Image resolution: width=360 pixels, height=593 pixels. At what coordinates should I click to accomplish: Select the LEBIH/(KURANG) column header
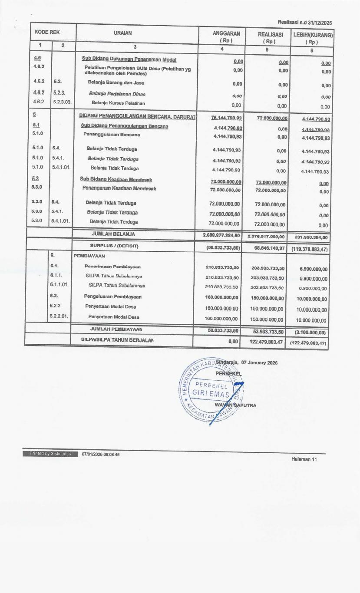[312, 33]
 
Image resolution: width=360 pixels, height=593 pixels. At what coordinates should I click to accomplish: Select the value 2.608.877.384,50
[219, 235]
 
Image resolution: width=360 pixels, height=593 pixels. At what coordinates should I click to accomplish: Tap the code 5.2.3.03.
[62, 103]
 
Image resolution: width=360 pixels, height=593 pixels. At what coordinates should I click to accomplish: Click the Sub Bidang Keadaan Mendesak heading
[116, 179]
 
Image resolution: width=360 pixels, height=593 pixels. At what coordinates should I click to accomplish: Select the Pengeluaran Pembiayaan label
[112, 296]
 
